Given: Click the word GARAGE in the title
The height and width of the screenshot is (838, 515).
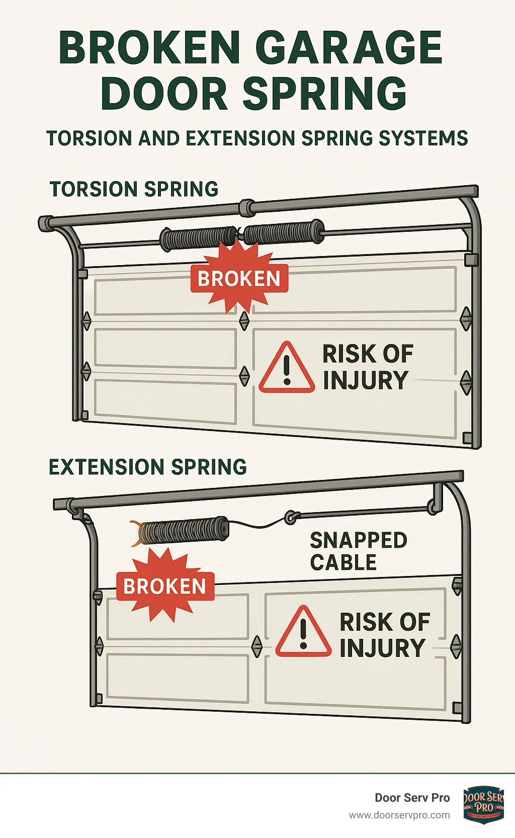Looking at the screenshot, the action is coord(349,47).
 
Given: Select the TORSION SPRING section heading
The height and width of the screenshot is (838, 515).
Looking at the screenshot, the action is coord(134,189).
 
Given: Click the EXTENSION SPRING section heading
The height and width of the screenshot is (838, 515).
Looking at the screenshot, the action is coord(147,467).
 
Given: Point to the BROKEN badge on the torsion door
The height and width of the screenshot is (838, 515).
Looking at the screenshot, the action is coord(239,278).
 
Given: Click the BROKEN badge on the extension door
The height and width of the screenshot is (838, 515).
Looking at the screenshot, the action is coord(165,586).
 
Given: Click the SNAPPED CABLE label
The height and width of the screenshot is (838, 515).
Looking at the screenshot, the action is coord(358,551).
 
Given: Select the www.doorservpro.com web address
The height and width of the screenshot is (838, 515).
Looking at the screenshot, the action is coord(399,815).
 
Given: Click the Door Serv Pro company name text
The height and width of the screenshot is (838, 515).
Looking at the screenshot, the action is coord(412,798).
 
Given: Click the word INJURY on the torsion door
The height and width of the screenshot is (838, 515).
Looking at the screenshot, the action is coord(365,380).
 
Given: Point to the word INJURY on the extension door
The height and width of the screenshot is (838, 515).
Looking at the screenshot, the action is coord(382,648).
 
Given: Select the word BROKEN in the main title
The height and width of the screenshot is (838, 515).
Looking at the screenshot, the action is coord(149,47).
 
